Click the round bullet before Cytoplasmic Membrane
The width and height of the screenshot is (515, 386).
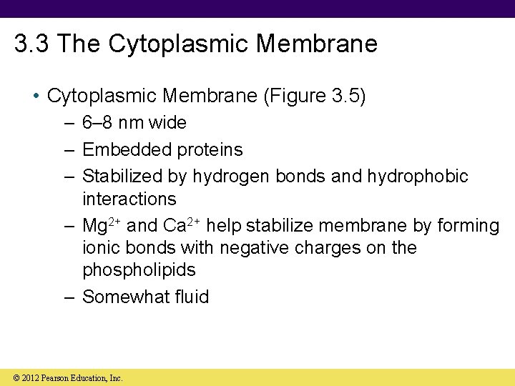(x=36, y=96)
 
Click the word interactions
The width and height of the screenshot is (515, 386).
(x=129, y=199)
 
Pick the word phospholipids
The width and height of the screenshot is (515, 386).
(x=139, y=270)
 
